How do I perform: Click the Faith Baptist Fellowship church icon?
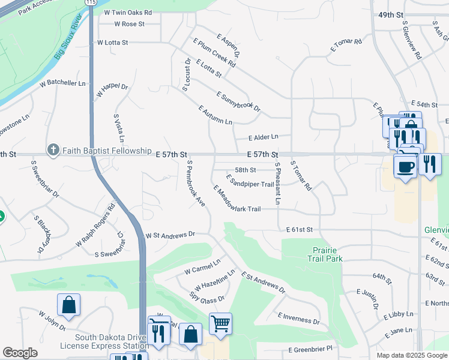(53, 150)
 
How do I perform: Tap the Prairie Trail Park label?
(328, 254)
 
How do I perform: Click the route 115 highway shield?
(90, 2)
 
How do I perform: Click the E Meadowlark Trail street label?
(237, 199)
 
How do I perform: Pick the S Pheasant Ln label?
(277, 183)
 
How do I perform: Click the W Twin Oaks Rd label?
(128, 12)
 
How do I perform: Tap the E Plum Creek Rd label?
(214, 53)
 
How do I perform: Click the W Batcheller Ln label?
(62, 83)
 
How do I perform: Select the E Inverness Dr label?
(298, 318)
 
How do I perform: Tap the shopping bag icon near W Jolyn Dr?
(69, 305)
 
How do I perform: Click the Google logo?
(20, 353)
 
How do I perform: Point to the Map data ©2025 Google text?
(411, 355)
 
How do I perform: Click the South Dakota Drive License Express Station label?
(104, 341)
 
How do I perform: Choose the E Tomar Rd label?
(346, 46)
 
